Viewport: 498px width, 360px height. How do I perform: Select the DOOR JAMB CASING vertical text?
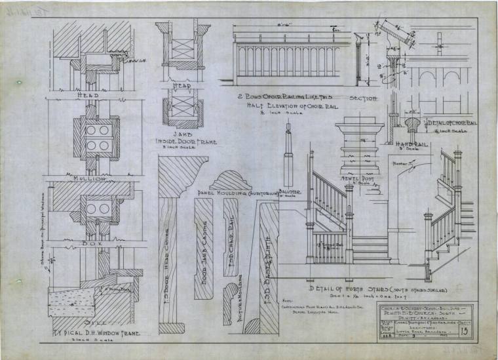click(204, 246)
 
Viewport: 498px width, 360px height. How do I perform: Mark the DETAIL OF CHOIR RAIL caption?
click(453, 122)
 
